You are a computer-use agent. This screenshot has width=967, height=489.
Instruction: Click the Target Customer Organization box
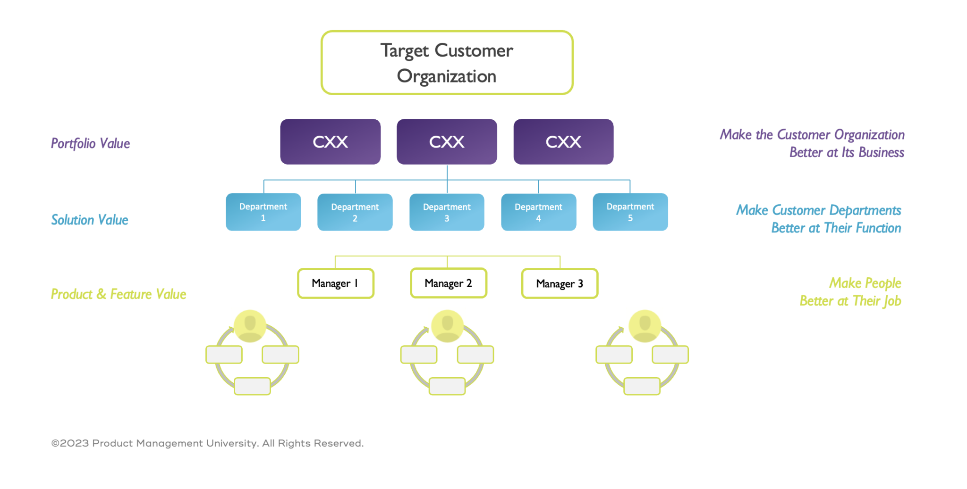click(x=447, y=63)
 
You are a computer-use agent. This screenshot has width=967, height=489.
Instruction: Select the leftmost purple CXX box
click(x=330, y=141)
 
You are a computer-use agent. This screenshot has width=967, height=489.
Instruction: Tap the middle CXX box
click(x=447, y=141)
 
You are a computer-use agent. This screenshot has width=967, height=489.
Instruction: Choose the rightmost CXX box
click(x=563, y=141)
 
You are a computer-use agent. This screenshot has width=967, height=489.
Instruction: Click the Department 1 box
click(x=263, y=212)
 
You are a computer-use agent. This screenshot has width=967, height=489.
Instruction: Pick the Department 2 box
click(x=355, y=212)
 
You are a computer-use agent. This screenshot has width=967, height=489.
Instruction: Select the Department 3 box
click(x=447, y=212)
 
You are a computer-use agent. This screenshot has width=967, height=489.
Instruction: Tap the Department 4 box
click(x=538, y=212)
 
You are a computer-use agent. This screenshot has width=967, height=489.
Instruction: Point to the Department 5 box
click(x=630, y=212)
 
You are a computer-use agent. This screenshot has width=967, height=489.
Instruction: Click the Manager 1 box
click(x=335, y=283)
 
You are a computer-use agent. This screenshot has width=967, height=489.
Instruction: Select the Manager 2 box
click(x=448, y=283)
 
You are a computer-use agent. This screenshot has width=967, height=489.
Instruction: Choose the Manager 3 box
click(x=560, y=283)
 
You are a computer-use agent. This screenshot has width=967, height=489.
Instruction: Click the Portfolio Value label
click(x=90, y=143)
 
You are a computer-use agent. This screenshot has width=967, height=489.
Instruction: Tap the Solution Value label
click(x=90, y=220)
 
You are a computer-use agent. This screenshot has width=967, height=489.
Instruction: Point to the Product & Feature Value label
click(x=119, y=294)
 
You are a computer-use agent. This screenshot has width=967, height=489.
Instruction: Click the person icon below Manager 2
click(x=447, y=326)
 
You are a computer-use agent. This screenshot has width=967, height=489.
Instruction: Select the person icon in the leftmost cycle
click(x=250, y=326)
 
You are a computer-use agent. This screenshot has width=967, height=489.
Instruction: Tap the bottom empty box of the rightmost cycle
click(x=642, y=386)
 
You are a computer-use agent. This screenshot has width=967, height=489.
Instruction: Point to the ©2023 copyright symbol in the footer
click(x=55, y=443)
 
